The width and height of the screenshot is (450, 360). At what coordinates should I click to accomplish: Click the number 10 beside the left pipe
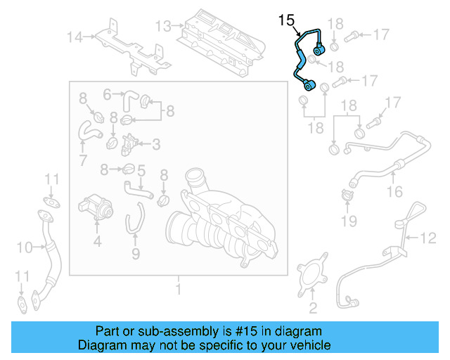coord(25,247)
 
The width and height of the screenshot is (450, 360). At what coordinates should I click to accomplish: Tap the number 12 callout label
coord(428,238)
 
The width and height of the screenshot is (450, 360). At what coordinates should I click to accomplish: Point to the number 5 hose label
coord(141,169)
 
